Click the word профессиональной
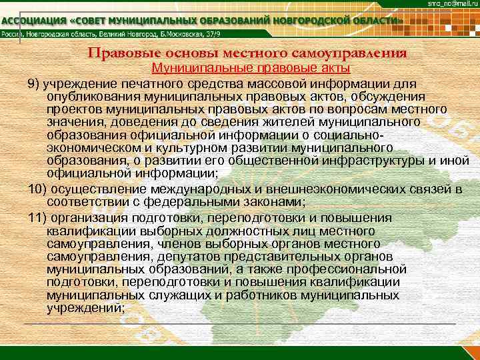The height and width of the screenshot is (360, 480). pyautogui.click(x=342, y=269)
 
